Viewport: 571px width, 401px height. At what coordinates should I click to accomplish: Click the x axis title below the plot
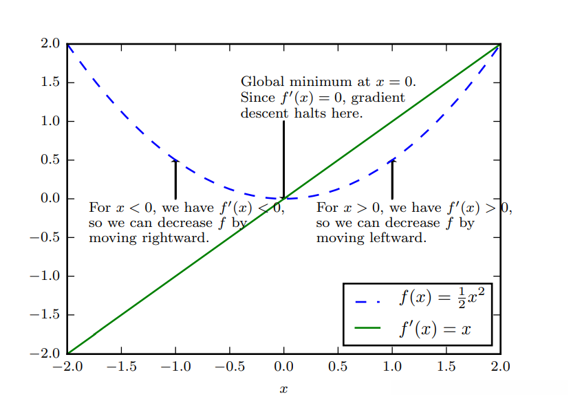tap(283, 390)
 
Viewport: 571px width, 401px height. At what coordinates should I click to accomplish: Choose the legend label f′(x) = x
tap(435, 328)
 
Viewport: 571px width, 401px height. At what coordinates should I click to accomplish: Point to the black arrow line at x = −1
tap(175, 180)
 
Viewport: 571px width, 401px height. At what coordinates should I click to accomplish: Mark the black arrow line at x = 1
tap(392, 180)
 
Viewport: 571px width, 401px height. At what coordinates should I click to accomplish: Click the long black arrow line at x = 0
tap(283, 158)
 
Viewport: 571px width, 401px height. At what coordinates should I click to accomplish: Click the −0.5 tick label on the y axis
tap(46, 237)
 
